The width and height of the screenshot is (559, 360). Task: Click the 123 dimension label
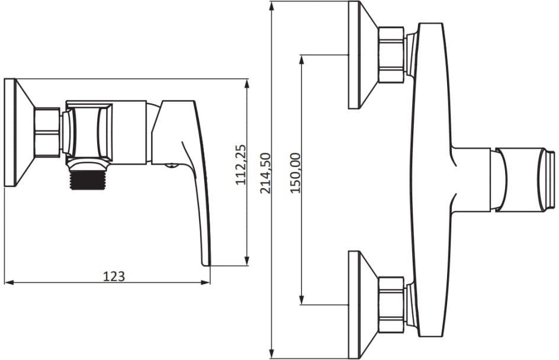(x=114, y=277)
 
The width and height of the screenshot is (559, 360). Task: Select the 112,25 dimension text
(x=241, y=165)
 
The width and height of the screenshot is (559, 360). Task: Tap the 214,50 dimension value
(x=265, y=173)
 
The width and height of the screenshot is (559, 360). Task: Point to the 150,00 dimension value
(x=295, y=173)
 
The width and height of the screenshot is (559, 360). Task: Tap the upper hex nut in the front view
(x=391, y=54)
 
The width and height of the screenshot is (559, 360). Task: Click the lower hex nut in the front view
(x=391, y=304)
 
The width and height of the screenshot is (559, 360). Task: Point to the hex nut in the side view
(x=47, y=132)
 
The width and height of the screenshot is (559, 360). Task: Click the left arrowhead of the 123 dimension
(x=8, y=282)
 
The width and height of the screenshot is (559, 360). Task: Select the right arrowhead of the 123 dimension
(x=205, y=282)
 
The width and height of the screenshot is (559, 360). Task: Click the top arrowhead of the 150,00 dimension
(x=302, y=60)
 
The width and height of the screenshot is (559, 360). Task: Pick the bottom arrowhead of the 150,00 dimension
(x=302, y=300)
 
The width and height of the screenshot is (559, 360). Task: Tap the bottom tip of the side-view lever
(x=207, y=265)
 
